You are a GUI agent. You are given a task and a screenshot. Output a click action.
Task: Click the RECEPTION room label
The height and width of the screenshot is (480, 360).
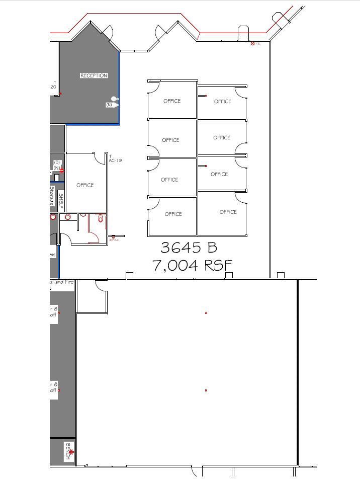click(94, 75)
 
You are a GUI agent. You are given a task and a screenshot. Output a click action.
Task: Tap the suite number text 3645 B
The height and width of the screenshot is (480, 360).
click(189, 247)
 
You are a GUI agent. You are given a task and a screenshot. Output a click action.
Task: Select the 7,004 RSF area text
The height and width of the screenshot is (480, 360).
click(192, 265)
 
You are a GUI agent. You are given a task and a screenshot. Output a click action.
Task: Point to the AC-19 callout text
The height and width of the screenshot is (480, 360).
click(115, 161)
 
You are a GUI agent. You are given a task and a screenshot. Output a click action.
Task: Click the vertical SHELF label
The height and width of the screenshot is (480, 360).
click(61, 201)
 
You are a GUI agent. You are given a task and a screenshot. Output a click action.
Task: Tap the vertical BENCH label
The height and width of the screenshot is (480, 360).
click(68, 451)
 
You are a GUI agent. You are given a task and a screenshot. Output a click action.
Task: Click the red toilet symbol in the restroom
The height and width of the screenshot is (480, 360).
click(101, 218)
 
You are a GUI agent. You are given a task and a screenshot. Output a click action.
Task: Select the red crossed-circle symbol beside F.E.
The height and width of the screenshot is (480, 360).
click(253, 44)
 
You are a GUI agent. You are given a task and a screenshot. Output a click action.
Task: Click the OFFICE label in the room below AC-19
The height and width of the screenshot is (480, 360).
click(85, 185)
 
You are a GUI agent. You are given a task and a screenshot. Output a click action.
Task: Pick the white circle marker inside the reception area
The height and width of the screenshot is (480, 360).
click(114, 99)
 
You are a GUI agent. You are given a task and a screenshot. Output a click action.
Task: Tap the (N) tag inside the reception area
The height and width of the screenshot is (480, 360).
click(109, 105)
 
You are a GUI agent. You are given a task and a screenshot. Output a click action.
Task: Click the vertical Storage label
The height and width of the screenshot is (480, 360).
click(52, 196)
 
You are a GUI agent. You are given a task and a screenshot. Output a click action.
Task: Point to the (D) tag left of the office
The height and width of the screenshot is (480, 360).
click(57, 162)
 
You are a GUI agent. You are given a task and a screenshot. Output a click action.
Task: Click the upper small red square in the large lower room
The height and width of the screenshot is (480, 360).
click(206, 313)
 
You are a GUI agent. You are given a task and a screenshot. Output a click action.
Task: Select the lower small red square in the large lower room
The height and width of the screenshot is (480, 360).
click(206, 390)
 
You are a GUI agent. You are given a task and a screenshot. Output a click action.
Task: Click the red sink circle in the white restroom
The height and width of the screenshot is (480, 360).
click(68, 217)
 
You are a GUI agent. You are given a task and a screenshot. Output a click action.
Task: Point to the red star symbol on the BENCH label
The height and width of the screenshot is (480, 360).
click(71, 452)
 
